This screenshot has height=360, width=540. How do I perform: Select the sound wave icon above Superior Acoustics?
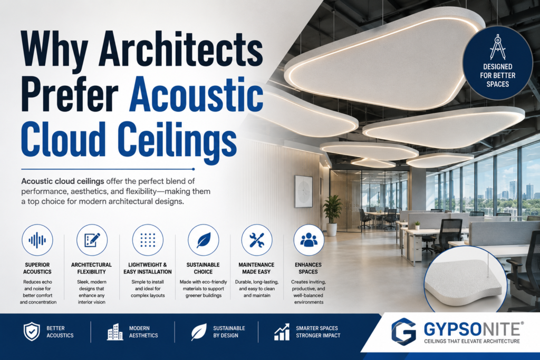click(37, 240)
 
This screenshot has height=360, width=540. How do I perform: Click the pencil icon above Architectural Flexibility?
click(92, 240)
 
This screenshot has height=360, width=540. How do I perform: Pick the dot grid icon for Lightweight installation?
click(148, 240)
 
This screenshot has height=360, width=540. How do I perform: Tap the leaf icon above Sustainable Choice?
click(203, 240)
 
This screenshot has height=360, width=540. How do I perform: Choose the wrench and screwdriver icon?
click(257, 240)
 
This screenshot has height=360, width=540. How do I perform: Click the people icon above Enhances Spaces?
click(308, 240)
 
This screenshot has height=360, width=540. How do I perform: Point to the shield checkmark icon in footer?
click(31, 332)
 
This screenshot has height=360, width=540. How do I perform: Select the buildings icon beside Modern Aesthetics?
click(114, 332)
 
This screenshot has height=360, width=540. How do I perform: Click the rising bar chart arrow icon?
click(282, 332)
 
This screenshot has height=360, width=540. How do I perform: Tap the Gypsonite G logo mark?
click(403, 332)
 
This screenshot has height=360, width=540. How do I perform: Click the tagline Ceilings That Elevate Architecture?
click(472, 341)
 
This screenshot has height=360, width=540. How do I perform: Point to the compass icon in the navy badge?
click(498, 47)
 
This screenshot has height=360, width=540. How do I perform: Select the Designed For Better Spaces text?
click(498, 75)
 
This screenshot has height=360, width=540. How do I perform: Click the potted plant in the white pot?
click(332, 216)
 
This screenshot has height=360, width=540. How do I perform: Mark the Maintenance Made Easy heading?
click(257, 268)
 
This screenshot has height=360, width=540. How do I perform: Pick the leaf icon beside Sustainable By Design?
click(199, 332)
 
